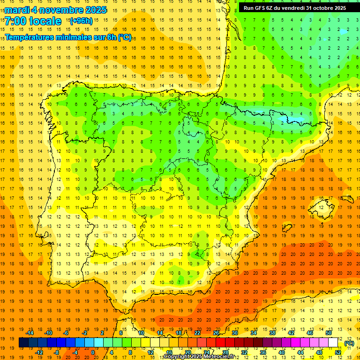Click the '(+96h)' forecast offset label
[81, 21]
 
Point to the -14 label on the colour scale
[30, 333]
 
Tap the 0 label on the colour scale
[92, 352]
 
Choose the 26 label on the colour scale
[216, 333]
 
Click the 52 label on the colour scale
[337, 352]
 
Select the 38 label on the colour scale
[272, 333]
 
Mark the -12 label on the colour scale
[39, 352]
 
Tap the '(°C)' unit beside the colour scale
[349, 343]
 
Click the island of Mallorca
[322, 204]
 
